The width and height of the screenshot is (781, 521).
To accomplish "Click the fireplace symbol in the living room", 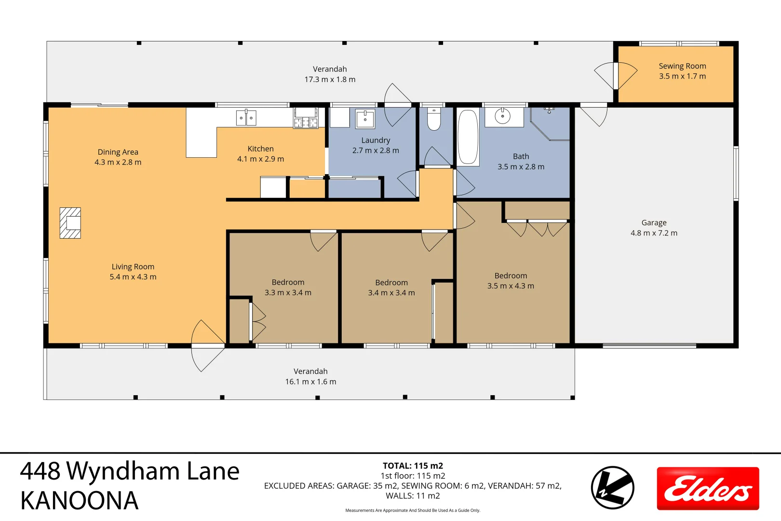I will click(x=70, y=223).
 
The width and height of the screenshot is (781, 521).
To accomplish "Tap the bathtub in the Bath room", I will click(x=468, y=137).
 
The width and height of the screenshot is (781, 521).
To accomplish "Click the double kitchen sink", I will click(x=246, y=118).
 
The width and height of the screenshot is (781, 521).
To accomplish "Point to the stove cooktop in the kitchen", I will click(x=306, y=118).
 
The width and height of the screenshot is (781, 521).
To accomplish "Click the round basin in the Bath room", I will click(x=503, y=116).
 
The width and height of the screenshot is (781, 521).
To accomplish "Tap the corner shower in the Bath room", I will click(x=552, y=123).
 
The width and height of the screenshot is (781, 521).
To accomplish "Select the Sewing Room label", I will click(x=682, y=66).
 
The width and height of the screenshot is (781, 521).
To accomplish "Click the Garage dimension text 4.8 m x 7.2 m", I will click(x=654, y=233).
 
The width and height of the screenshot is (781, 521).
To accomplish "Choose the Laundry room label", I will click(x=376, y=140).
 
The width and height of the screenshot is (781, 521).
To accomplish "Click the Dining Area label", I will click(x=118, y=152).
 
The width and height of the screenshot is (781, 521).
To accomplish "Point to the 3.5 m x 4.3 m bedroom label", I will click(x=511, y=286).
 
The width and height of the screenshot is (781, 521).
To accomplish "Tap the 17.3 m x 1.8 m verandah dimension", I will click(x=330, y=80).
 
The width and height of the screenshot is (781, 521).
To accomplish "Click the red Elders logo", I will click(x=708, y=488).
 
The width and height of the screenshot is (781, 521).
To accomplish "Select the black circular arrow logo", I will click(x=612, y=487).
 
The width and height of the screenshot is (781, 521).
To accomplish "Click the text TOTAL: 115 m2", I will click(x=413, y=466).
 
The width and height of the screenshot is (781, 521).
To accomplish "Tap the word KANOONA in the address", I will click(x=80, y=501).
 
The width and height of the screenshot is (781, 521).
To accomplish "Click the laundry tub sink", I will click(x=365, y=118).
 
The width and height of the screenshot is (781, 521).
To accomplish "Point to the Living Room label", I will click(x=133, y=267).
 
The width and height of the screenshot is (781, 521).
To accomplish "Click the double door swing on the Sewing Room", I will click(x=616, y=76).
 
